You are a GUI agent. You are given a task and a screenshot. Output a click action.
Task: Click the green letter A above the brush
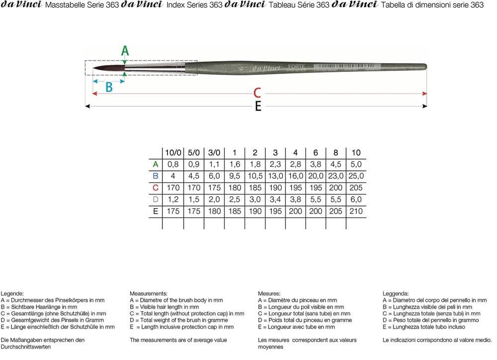tap(125, 51)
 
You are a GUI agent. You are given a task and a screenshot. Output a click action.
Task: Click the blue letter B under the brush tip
tap(109, 87)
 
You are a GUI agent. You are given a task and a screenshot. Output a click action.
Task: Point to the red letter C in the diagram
tap(257, 93)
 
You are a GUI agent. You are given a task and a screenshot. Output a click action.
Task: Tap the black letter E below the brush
tap(258, 106)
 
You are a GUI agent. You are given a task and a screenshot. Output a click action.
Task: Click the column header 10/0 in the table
tap(173, 153)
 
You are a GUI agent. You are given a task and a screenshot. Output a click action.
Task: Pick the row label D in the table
tap(156, 200)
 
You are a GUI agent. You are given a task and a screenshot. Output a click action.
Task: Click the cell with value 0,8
tap(173, 164)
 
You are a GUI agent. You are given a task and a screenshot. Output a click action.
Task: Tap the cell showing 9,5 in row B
tap(235, 176)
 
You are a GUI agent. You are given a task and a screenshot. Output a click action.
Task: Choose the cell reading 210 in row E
tap(356, 211)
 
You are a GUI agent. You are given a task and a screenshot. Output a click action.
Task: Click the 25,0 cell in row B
tap(356, 176)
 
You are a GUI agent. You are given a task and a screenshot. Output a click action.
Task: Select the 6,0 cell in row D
tap(356, 200)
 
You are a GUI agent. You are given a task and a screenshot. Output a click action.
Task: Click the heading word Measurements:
tap(148, 294)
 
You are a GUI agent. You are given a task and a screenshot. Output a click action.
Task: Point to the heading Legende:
tap(12, 294)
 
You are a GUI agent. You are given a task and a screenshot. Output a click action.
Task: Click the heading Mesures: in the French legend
tap(269, 294)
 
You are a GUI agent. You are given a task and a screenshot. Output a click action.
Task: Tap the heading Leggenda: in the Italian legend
tap(396, 294)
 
